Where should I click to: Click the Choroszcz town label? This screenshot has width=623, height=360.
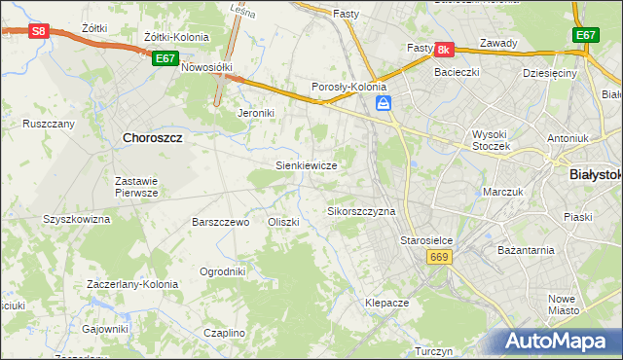click(x=154, y=138)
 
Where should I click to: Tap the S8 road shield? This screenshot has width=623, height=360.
click(x=38, y=31)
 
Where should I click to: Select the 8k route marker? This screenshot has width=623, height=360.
click(x=444, y=49)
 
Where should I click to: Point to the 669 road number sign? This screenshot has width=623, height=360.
click(x=438, y=256)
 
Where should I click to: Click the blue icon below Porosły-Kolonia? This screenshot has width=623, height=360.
click(x=385, y=102)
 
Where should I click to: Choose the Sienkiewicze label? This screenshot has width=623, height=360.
click(x=307, y=165)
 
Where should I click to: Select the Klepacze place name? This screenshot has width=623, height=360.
click(x=386, y=303)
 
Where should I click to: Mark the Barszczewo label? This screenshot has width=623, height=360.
click(x=221, y=222)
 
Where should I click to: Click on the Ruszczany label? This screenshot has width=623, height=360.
click(x=49, y=124)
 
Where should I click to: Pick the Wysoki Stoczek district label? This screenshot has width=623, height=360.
click(x=498, y=135)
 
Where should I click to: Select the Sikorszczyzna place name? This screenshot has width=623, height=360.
click(x=361, y=210)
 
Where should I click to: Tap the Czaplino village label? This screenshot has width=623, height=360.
click(x=224, y=333)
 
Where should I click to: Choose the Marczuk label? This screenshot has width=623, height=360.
click(x=504, y=192)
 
